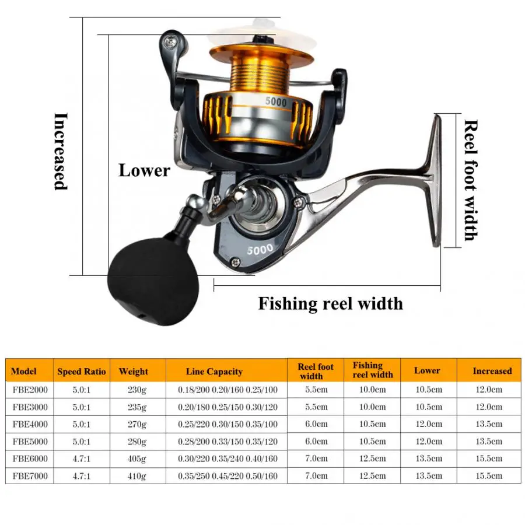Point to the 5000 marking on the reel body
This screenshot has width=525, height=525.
[x=260, y=249]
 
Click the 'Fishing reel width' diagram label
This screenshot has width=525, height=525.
[x=330, y=303]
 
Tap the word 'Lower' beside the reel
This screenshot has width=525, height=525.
[x=144, y=170]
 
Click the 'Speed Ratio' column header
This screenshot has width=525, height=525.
[x=82, y=371]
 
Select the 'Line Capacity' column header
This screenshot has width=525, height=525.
[x=214, y=372]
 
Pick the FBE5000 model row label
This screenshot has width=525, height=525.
[x=29, y=441]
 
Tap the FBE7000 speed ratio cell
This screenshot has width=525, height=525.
[x=82, y=476]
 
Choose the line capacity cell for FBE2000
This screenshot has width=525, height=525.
[x=228, y=389]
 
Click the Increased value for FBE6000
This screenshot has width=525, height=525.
[x=488, y=459]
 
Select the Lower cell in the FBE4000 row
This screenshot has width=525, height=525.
[x=428, y=424]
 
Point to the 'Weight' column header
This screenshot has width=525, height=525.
[x=134, y=371]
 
